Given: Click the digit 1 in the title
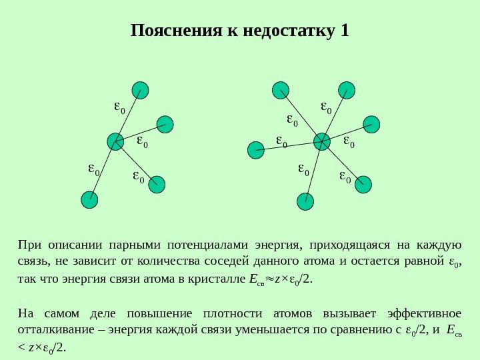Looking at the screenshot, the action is (x=344, y=31).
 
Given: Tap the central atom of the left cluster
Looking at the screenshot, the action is (x=116, y=141).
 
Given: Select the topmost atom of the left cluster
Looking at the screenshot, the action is (x=140, y=90).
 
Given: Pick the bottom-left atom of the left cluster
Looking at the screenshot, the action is (x=89, y=199).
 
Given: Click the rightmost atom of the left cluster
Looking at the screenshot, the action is (x=165, y=123).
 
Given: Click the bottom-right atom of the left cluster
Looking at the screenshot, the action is (x=157, y=185).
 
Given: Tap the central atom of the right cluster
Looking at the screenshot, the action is (x=322, y=141).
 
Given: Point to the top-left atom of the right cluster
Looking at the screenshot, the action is (x=281, y=90).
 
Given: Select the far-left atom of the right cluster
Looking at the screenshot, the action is (x=255, y=151).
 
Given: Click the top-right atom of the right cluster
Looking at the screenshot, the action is (x=347, y=90).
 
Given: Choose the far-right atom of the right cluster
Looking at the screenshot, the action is (x=371, y=123).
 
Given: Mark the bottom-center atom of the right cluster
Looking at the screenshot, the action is (x=305, y=201).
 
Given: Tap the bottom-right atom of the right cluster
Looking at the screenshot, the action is (x=363, y=185).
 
